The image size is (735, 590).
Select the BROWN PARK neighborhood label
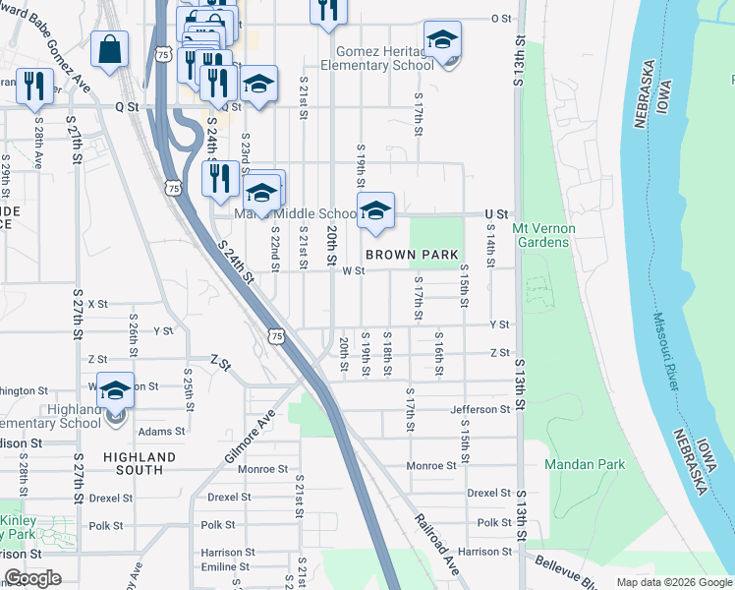(x=412, y=255)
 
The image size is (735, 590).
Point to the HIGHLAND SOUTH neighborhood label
(x=139, y=463)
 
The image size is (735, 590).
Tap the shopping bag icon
(x=110, y=48)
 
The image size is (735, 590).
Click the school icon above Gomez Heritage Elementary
(x=442, y=39)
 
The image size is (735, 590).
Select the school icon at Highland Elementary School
(x=116, y=390)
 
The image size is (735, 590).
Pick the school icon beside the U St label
(x=375, y=210)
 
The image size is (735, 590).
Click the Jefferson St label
(x=481, y=409)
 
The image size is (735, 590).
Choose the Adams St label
(x=161, y=431)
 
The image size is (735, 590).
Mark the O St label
(x=501, y=18)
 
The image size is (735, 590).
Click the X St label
(x=97, y=304)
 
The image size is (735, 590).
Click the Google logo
(x=32, y=578)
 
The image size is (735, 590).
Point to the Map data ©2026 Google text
(x=673, y=582)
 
